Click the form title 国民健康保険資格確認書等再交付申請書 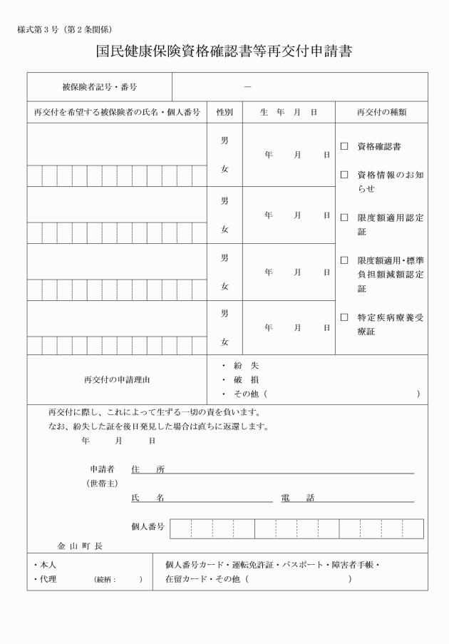pyautogui.click(x=224, y=52)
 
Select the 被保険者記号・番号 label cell pyautogui.click(x=100, y=87)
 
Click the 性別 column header pyautogui.click(x=224, y=112)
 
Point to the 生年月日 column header pyautogui.click(x=289, y=112)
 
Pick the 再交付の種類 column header pyautogui.click(x=381, y=112)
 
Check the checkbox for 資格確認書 pyautogui.click(x=344, y=147)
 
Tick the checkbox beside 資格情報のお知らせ pyautogui.click(x=344, y=175)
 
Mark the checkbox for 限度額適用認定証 pyautogui.click(x=344, y=218)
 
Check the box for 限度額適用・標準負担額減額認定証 pyautogui.click(x=344, y=261)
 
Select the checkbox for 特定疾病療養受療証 pyautogui.click(x=344, y=317)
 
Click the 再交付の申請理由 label pyautogui.click(x=116, y=379)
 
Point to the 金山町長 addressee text pyautogui.click(x=80, y=546)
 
